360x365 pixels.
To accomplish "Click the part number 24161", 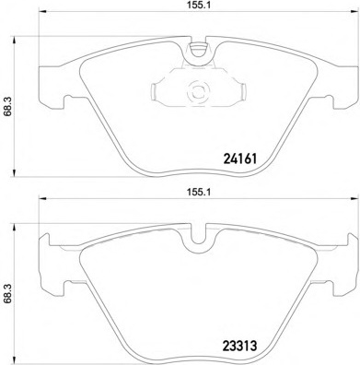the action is (x=240, y=159).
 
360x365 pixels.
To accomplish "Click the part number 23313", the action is (x=239, y=346).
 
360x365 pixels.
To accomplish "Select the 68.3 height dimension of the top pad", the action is (x=7, y=106).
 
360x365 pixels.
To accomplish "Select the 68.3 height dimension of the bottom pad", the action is (x=7, y=293).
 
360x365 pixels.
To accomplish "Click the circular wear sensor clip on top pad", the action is (x=198, y=91).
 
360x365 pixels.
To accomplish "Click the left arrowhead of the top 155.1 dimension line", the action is (x=42, y=12).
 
